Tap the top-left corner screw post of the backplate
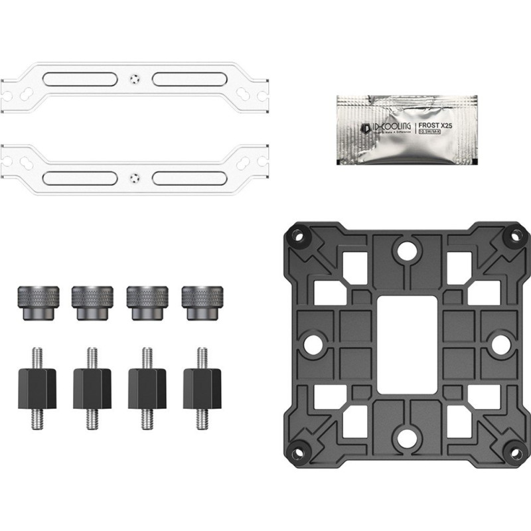point(296,236)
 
